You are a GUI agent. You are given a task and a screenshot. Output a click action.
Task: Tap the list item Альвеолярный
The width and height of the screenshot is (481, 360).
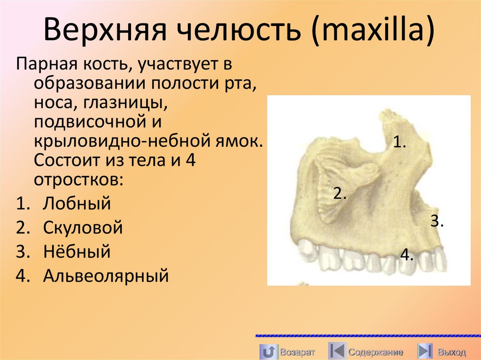[x=105, y=276]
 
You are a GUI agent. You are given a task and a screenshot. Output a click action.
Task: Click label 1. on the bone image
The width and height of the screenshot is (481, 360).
[x=399, y=142]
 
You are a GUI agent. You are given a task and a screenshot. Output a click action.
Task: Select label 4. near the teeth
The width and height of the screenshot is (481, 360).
[x=407, y=255]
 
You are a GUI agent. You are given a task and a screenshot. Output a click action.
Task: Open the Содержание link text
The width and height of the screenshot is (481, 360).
[x=375, y=352]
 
